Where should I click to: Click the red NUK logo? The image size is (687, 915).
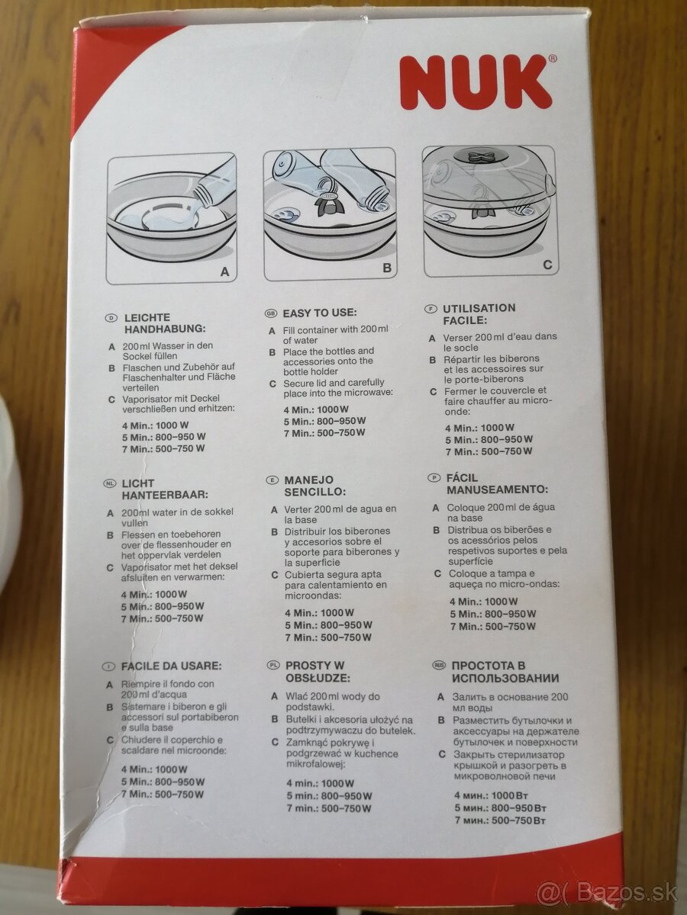(x=475, y=82)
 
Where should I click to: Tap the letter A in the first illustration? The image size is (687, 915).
(x=224, y=271)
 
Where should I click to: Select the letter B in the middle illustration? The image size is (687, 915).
(x=386, y=268)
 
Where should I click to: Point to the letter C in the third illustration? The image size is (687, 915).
(x=547, y=265)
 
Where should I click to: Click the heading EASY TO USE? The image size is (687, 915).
(x=319, y=313)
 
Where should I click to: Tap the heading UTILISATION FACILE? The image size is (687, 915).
(x=479, y=315)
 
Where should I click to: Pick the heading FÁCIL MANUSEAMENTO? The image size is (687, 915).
(x=497, y=483)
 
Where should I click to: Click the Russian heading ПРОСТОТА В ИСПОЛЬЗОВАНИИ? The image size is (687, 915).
(x=505, y=672)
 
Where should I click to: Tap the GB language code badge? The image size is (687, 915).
(x=270, y=313)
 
